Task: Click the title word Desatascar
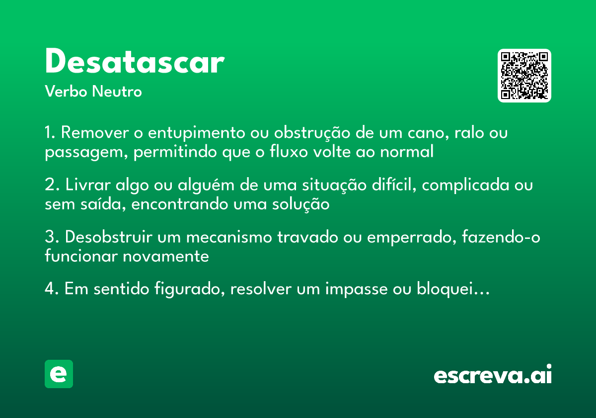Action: point(135,63)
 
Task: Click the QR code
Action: point(524,76)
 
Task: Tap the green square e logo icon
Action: point(59,374)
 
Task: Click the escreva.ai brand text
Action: point(493,375)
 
